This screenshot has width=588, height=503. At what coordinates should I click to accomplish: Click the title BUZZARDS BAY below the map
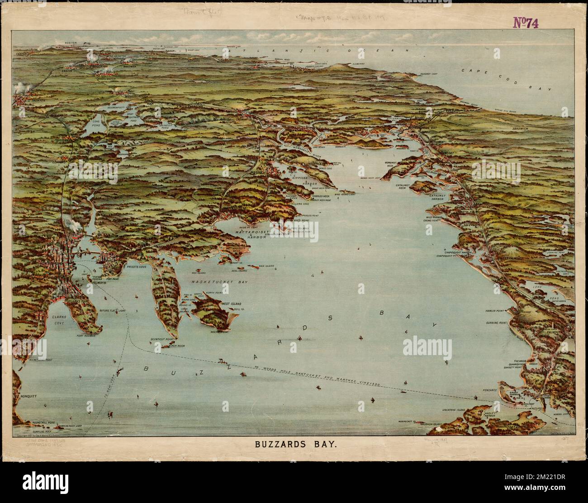[294, 445]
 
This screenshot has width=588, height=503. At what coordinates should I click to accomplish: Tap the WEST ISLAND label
[231, 303]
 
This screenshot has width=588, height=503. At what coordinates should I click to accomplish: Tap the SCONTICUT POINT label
[163, 339]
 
